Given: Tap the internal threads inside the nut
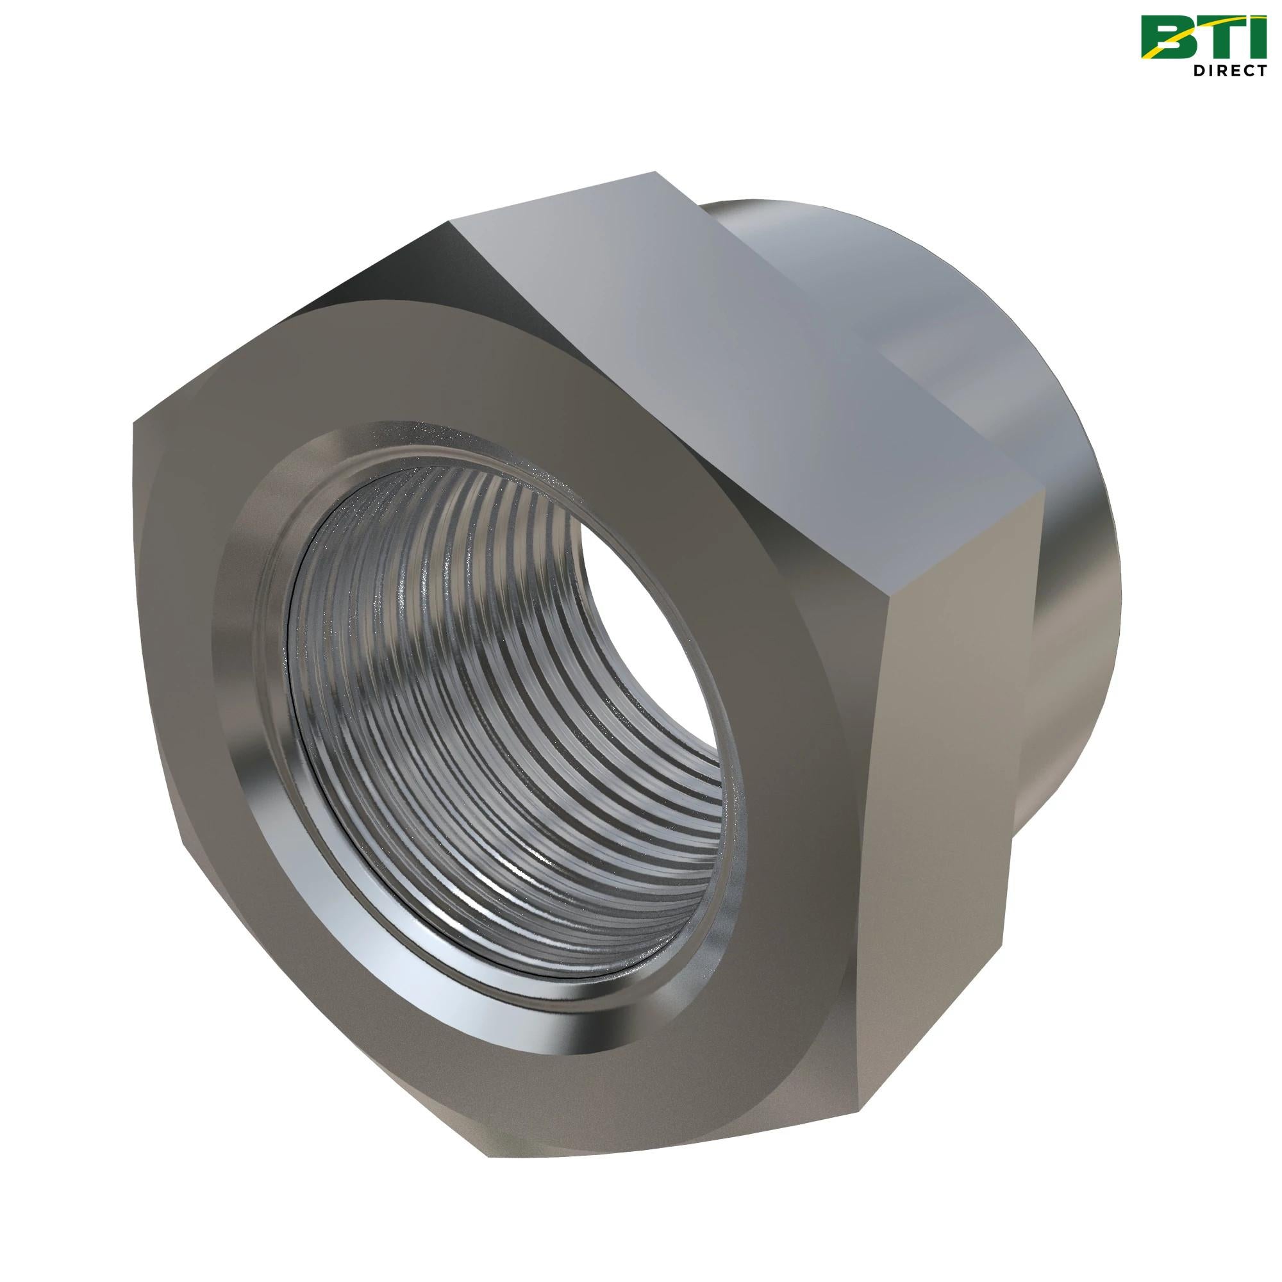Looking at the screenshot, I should click(x=465, y=730).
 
